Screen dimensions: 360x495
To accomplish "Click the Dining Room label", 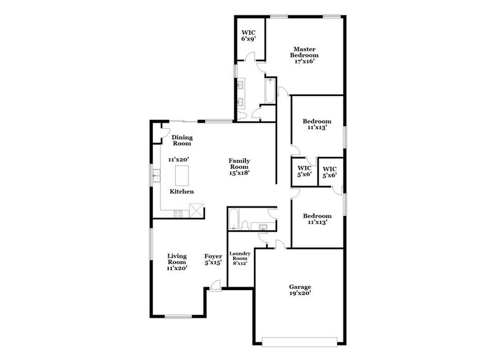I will click(182, 140).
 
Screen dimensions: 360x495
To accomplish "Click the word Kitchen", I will click(182, 192).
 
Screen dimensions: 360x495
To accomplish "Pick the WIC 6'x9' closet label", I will click(248, 34).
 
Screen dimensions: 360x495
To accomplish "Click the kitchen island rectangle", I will click(183, 176).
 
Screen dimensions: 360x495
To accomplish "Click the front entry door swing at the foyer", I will click(214, 284).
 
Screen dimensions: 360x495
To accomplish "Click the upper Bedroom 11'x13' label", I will click(317, 125).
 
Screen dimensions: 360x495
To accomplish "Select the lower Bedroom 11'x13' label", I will click(317, 220).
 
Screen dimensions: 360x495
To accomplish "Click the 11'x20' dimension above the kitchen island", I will click(179, 159).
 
